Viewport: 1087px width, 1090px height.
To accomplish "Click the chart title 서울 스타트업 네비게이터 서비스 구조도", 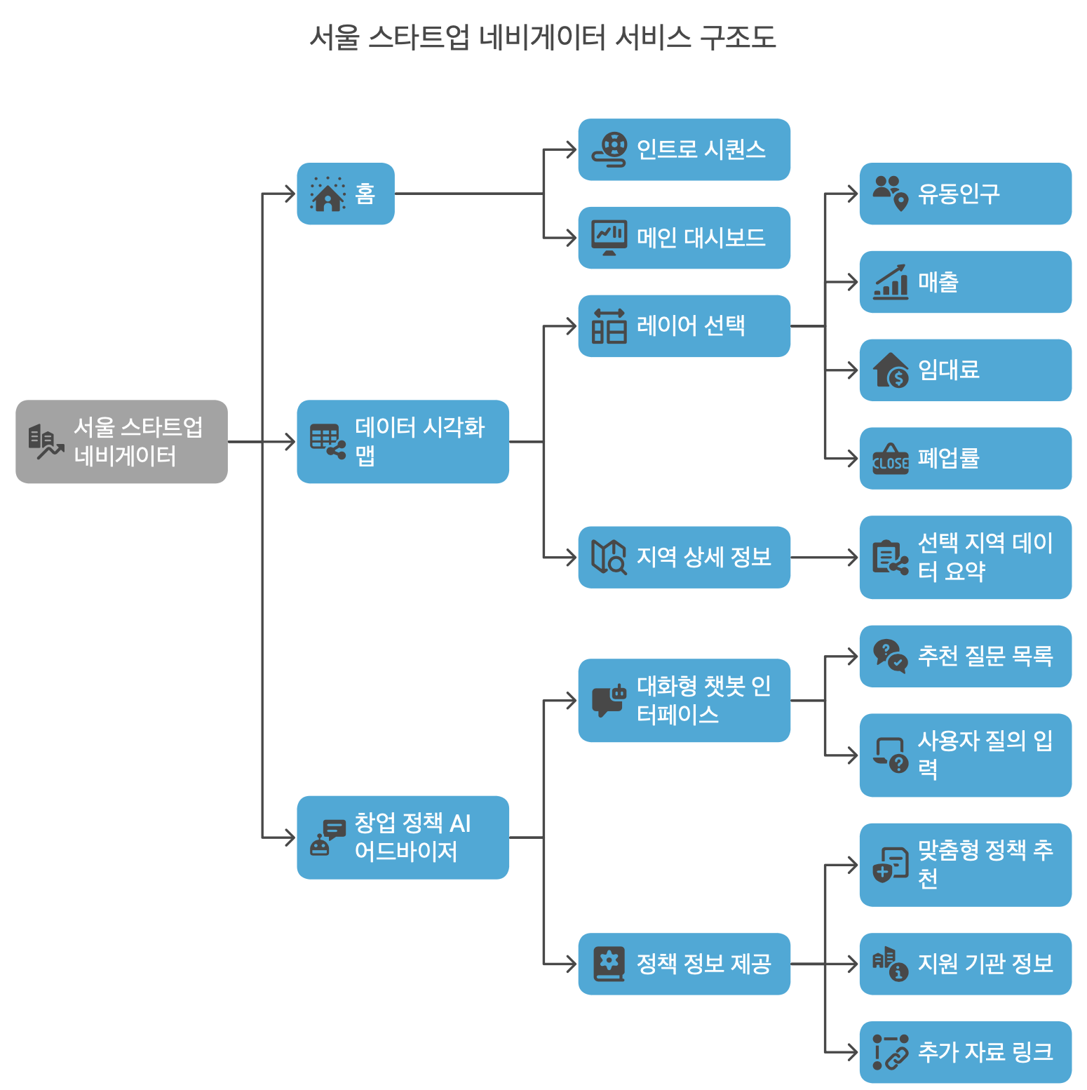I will (x=543, y=37).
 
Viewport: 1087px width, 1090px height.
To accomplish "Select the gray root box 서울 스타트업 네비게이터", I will (x=121, y=441).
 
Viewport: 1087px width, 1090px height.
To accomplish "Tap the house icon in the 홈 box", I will (x=328, y=194).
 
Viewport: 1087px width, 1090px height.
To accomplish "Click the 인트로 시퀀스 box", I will (x=684, y=149).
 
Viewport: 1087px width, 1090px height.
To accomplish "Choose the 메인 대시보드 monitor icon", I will (x=609, y=238).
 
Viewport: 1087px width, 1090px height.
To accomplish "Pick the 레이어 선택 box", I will (x=684, y=326).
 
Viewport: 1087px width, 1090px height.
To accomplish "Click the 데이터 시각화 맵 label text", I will (x=419, y=441).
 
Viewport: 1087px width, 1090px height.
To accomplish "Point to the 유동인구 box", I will (x=965, y=194).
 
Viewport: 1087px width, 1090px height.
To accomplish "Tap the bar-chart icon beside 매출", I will (x=891, y=283).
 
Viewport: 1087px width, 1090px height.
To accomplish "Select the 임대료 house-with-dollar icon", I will (x=891, y=370).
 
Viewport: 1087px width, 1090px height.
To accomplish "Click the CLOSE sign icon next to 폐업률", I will (x=891, y=459).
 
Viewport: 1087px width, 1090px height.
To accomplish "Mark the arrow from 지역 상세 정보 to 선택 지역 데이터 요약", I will (x=825, y=558).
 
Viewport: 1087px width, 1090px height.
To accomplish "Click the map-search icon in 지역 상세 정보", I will (x=609, y=558).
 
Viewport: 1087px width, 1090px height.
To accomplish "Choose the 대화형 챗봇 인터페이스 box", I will (x=684, y=700).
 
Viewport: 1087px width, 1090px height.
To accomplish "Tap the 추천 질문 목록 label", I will (x=985, y=656).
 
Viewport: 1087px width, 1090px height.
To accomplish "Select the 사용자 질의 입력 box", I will (x=965, y=755).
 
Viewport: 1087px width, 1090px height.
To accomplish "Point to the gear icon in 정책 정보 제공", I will (x=609, y=962).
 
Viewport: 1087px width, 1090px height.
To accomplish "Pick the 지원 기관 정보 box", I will (x=965, y=964).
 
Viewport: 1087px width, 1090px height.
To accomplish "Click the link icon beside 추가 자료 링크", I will (x=891, y=1052).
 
